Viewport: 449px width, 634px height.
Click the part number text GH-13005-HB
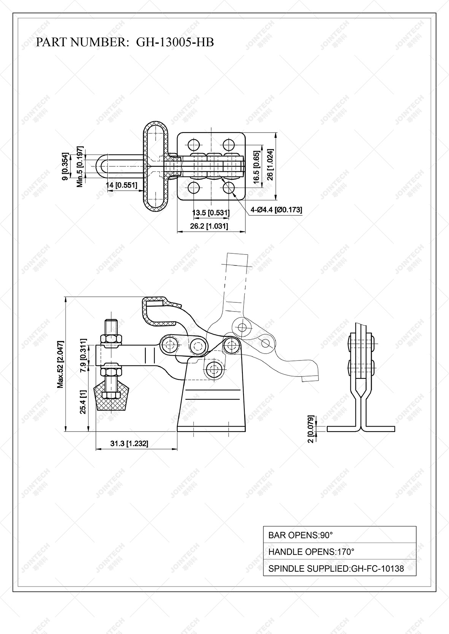pyautogui.click(x=175, y=42)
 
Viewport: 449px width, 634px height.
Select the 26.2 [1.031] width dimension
pyautogui.click(x=209, y=226)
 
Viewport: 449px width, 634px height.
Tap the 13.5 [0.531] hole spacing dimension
pyautogui.click(x=211, y=212)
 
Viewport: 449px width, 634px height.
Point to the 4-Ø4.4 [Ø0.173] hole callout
pyautogui.click(x=276, y=210)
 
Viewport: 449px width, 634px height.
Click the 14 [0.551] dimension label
pyautogui.click(x=121, y=185)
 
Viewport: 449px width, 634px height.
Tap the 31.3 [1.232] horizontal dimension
pyautogui.click(x=129, y=443)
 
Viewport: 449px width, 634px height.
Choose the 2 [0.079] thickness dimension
pyautogui.click(x=311, y=429)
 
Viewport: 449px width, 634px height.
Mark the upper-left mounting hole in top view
pyautogui.click(x=193, y=145)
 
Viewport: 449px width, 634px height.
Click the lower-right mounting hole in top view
pyautogui.click(x=229, y=187)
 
